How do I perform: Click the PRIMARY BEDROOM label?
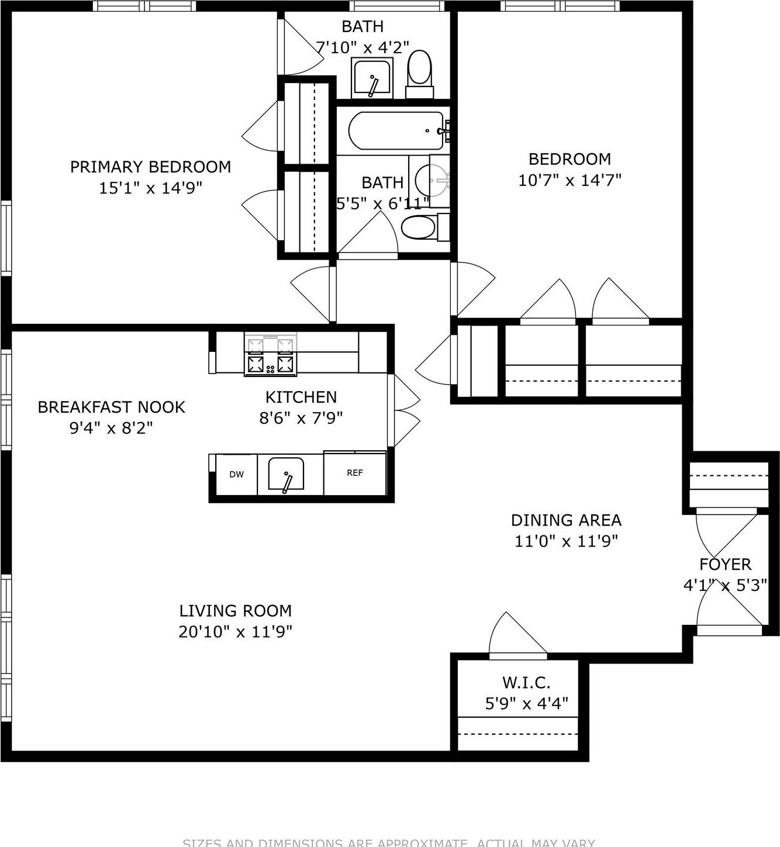tap(150, 167)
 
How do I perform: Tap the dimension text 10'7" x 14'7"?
tap(570, 180)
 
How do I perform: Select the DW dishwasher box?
tap(236, 475)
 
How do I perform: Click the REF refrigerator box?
tap(355, 473)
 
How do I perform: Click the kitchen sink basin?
tap(286, 473)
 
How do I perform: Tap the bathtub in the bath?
tap(396, 131)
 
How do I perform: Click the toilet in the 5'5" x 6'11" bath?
tap(419, 228)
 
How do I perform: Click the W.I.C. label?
tap(526, 682)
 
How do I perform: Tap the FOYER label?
tap(725, 565)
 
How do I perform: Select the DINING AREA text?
tap(566, 520)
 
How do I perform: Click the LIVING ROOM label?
tap(235, 611)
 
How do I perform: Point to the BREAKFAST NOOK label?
tap(111, 407)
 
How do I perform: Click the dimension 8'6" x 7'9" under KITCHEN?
tap(301, 419)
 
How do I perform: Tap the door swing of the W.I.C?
tap(515, 634)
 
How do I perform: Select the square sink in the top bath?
tap(371, 77)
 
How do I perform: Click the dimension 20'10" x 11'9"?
tap(235, 632)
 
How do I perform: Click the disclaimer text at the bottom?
tap(389, 842)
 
